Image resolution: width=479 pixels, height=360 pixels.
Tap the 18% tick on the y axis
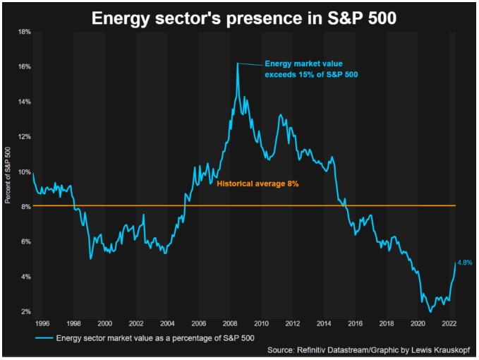[x=23, y=32]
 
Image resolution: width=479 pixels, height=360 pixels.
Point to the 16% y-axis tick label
[x=23, y=67]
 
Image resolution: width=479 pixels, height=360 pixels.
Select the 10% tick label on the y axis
[x=23, y=172]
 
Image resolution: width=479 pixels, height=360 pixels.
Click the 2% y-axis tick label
[x=25, y=311]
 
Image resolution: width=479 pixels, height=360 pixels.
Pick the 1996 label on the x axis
[x=42, y=323]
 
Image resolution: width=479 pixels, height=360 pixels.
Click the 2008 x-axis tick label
[x=230, y=323]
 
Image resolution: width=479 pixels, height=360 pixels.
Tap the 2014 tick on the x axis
[x=324, y=323]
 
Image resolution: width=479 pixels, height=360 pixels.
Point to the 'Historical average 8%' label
[x=258, y=184]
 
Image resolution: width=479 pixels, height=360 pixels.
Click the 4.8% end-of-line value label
[x=464, y=262]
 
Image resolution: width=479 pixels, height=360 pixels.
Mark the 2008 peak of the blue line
[x=238, y=64]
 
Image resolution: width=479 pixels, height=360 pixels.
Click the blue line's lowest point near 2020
[x=430, y=311]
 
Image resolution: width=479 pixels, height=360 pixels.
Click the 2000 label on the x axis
[x=105, y=323]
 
